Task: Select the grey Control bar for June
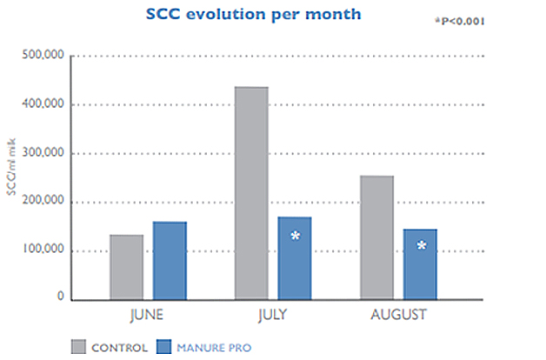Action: point(126,267)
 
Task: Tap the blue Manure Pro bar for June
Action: point(170,261)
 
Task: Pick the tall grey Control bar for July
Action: point(251,193)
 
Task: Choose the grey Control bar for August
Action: point(376,237)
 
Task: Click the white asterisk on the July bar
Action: point(296,237)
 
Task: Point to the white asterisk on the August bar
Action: point(422,247)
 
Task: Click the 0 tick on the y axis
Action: point(61,297)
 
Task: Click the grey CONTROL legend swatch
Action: point(77,348)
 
